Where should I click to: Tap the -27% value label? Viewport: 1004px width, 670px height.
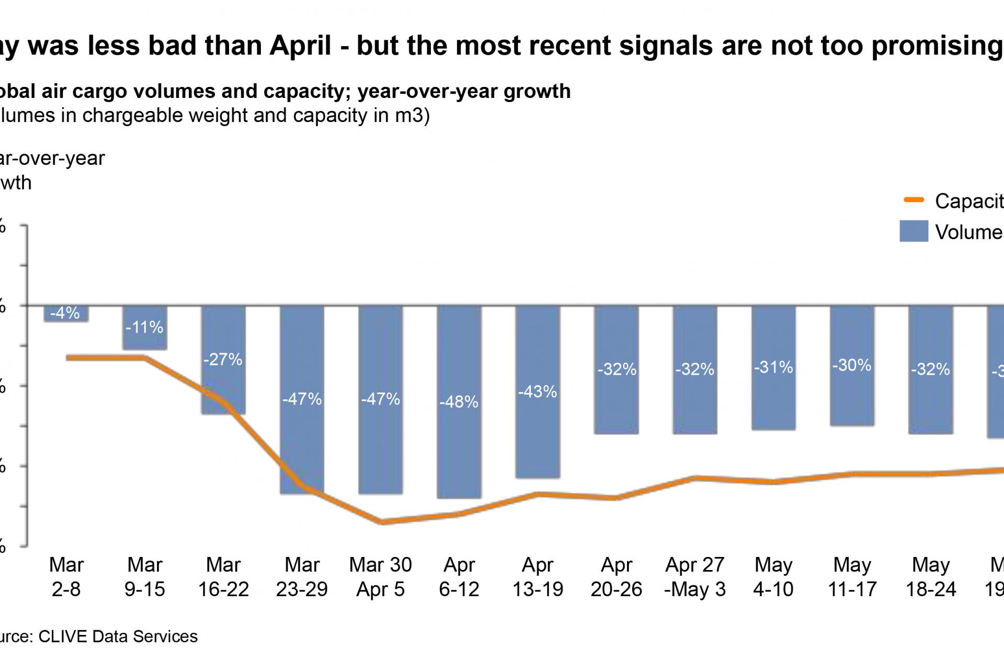pyautogui.click(x=223, y=360)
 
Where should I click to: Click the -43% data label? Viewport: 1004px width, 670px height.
pyautogui.click(x=538, y=392)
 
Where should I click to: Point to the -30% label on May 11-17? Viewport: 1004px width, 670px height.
pyautogui.click(x=852, y=365)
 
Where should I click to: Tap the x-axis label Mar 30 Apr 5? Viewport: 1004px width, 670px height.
pyautogui.click(x=381, y=577)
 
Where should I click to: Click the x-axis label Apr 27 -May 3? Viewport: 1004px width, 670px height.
pyautogui.click(x=695, y=577)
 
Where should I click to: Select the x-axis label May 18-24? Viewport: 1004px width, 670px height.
pyautogui.click(x=931, y=577)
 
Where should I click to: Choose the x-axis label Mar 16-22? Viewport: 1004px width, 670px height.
pyautogui.click(x=223, y=577)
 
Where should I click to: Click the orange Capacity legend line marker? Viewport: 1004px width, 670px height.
pyautogui.click(x=914, y=200)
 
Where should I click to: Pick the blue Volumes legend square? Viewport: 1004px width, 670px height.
pyautogui.click(x=914, y=231)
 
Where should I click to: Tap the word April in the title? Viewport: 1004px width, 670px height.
pyautogui.click(x=300, y=46)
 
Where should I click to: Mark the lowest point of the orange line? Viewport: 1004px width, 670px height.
pyautogui.click(x=383, y=522)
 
